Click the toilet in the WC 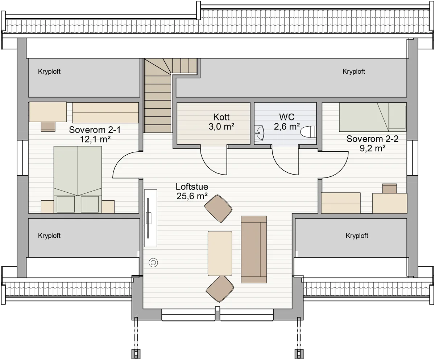click(308, 132)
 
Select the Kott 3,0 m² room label click(221, 122)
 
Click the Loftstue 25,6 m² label click(192, 191)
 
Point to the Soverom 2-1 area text click(95, 139)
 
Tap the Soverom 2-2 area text click(373, 148)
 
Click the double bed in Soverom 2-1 click(78, 179)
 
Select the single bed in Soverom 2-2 click(373, 117)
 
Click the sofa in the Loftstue click(254, 249)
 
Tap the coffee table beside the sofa click(220, 253)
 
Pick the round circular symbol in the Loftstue click(153, 263)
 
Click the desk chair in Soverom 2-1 click(48, 127)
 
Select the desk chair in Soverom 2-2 click(389, 188)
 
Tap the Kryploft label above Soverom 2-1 click(49, 71)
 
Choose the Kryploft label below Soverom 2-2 click(357, 236)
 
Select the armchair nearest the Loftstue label click(218, 209)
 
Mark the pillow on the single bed click(397, 117)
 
